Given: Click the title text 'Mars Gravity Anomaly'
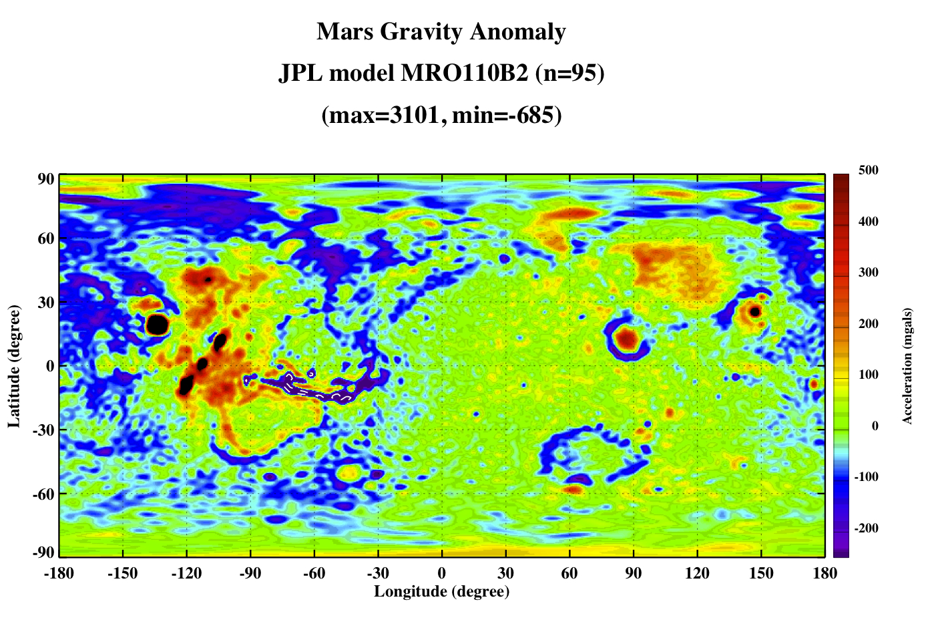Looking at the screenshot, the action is [x=441, y=32].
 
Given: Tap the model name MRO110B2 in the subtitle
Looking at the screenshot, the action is [x=464, y=73].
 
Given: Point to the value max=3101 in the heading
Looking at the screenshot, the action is [x=384, y=115].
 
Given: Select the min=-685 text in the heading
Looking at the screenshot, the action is [x=503, y=115].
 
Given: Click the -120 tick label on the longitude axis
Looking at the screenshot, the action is [x=186, y=573].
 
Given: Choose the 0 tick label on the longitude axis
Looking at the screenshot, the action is [x=442, y=573].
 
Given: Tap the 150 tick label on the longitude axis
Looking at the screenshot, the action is [x=761, y=573].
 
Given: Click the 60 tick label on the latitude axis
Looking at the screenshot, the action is [x=46, y=238].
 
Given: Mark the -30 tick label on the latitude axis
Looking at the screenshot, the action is [x=43, y=430].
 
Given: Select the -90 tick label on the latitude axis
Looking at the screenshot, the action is [x=43, y=552].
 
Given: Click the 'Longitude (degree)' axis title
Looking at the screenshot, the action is [x=442, y=592].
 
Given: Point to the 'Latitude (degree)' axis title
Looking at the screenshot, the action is [x=14, y=366].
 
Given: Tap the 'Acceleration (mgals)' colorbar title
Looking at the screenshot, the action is [x=907, y=366].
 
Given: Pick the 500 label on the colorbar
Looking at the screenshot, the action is [x=869, y=170].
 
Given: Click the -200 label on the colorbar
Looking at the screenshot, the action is [x=866, y=528].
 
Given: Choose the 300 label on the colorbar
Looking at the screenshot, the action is [x=869, y=273].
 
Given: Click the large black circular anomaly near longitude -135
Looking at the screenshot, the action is [x=157, y=325].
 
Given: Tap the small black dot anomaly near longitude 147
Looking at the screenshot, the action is [x=754, y=311].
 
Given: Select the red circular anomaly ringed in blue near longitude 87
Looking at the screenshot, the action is [x=627, y=339].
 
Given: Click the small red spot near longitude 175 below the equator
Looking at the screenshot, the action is [x=814, y=384].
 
